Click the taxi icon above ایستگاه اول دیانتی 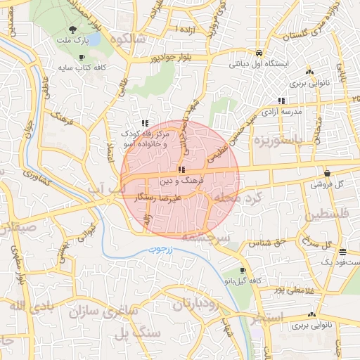tap(259, 53)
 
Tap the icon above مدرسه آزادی tap(282, 101)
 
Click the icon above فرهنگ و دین tap(182, 169)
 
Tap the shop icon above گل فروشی tap(328, 173)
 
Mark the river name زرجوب tap(163, 250)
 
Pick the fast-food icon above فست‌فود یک tap(342, 252)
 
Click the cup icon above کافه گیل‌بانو tap(243, 270)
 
